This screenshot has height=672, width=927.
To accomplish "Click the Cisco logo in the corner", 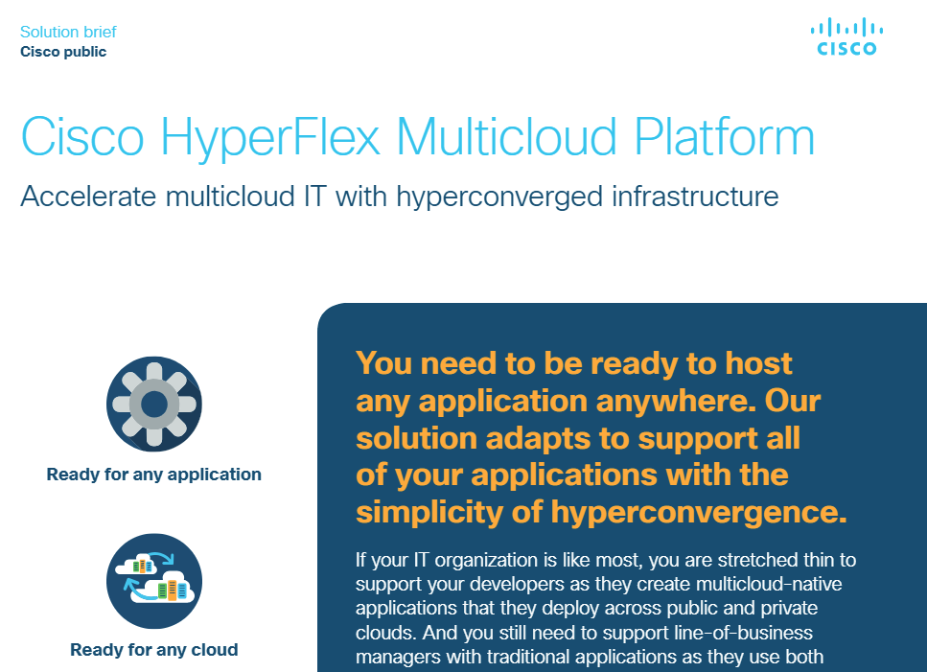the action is pyautogui.click(x=846, y=36).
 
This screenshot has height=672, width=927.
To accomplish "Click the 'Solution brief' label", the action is pyautogui.click(x=68, y=32).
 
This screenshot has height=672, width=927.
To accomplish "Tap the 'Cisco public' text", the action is pyautogui.click(x=63, y=52).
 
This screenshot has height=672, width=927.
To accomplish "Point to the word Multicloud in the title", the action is pyautogui.click(x=507, y=136).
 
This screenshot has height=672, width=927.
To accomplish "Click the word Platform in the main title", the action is pyautogui.click(x=724, y=136).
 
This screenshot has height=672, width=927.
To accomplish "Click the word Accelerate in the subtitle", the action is pyautogui.click(x=89, y=197).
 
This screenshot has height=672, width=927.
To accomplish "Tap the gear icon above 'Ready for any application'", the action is pyautogui.click(x=154, y=404).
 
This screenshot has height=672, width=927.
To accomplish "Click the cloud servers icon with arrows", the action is pyautogui.click(x=154, y=581).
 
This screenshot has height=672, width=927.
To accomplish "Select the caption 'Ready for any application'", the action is pyautogui.click(x=153, y=474).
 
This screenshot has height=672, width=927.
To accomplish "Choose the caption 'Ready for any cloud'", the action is pyautogui.click(x=153, y=650).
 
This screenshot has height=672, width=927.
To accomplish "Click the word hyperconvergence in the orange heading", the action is pyautogui.click(x=699, y=513).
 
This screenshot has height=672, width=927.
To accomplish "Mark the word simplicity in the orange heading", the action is pyautogui.click(x=429, y=513).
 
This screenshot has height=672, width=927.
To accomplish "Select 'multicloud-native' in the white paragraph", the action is pyautogui.click(x=769, y=584).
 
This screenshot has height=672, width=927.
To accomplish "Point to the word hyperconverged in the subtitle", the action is pyautogui.click(x=499, y=197).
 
